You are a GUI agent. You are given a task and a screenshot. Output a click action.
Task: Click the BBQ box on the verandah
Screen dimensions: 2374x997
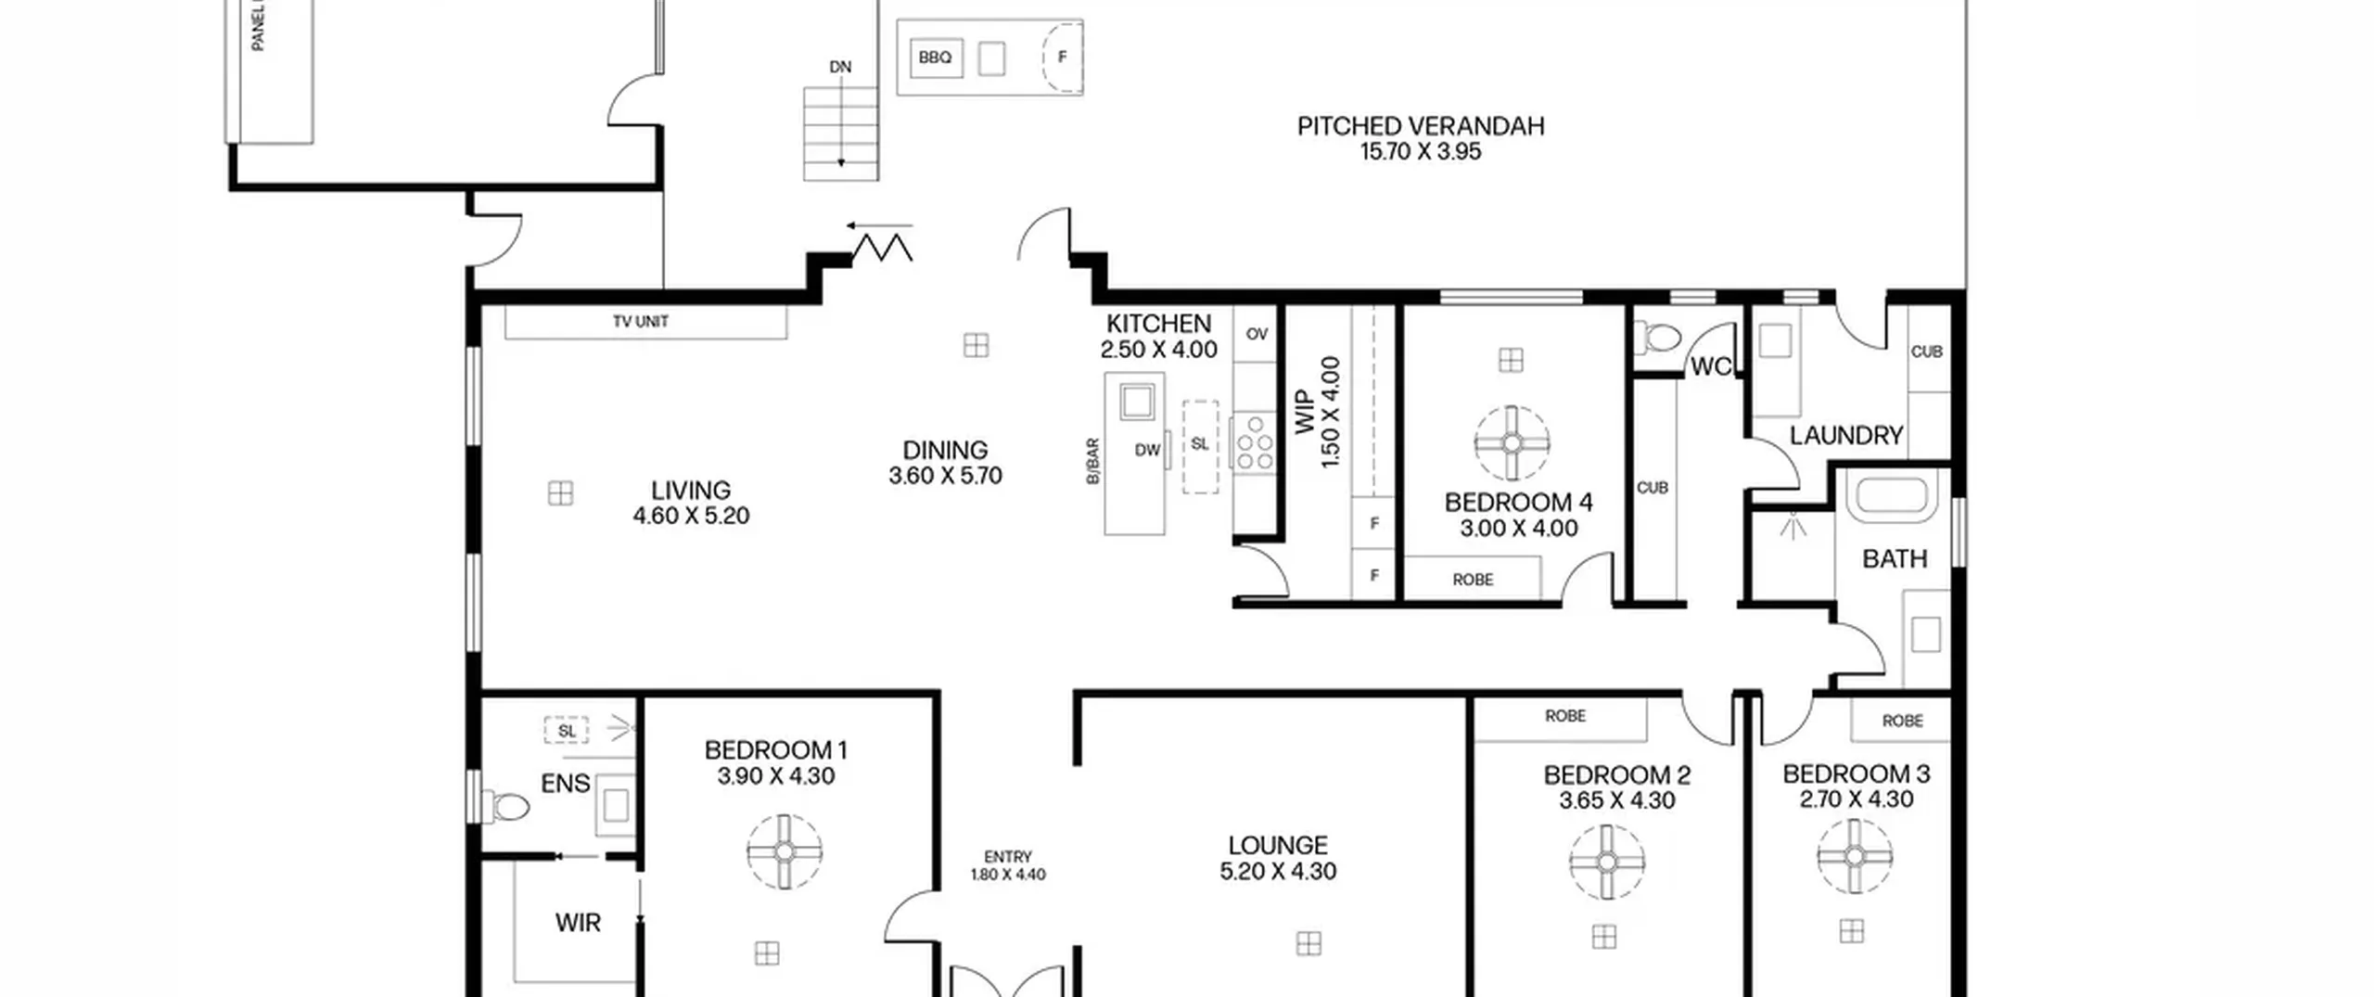tap(935, 58)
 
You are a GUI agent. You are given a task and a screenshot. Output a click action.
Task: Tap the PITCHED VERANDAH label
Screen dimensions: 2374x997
tap(1421, 126)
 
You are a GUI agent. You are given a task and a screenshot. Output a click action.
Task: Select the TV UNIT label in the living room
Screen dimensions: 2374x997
tap(641, 322)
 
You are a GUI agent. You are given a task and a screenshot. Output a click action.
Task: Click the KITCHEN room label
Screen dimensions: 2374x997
tap(1158, 324)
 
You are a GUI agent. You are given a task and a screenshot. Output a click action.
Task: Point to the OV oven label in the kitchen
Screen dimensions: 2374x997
tap(1257, 334)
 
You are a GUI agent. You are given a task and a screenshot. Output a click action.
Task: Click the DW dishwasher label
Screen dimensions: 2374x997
tap(1147, 450)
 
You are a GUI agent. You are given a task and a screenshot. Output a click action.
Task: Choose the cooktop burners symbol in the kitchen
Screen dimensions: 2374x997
tap(1254, 443)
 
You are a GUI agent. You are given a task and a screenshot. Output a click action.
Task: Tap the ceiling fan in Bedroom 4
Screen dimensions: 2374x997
tap(1512, 443)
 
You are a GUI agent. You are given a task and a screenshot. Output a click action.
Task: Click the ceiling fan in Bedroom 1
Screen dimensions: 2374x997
tap(785, 851)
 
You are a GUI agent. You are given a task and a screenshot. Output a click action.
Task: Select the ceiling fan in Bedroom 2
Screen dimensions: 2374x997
tap(1607, 862)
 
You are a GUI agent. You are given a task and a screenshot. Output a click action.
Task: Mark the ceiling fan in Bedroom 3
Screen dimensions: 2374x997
tap(1855, 856)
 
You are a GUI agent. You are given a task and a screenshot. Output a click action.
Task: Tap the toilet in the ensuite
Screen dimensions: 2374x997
tap(504, 805)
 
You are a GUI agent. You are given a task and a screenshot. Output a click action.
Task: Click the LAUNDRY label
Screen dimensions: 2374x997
tap(1845, 435)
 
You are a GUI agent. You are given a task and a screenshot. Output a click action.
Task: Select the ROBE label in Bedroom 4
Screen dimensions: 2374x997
tap(1473, 580)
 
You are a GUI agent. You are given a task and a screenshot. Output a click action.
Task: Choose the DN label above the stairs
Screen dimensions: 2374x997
tap(840, 67)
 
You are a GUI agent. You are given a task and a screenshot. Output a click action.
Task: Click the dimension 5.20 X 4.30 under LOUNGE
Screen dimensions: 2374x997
tap(1278, 871)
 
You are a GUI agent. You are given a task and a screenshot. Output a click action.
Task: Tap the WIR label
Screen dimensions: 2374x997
tap(578, 923)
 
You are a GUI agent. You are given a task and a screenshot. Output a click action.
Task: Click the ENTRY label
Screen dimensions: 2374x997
tap(1008, 857)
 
